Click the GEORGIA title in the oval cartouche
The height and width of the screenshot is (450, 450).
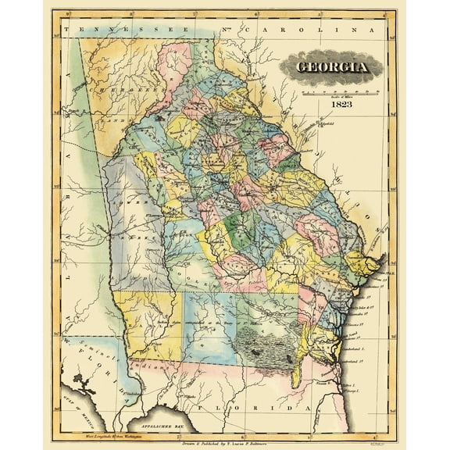point(333,66)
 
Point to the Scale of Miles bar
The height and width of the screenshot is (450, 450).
point(333,91)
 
